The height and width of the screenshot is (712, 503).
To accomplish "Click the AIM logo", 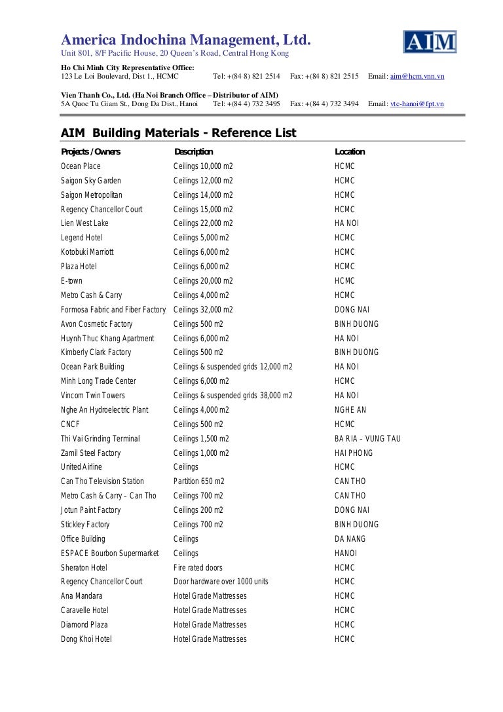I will tap(430, 42).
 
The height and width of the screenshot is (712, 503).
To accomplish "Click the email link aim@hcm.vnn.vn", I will tap(417, 77).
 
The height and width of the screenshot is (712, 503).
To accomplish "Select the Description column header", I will tap(194, 152).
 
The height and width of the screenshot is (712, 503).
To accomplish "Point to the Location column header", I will tap(350, 152).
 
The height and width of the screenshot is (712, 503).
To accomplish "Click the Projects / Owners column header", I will tap(90, 152).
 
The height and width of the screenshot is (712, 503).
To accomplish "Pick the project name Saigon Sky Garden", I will tap(91, 181).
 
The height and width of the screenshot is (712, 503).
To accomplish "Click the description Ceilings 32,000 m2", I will tap(203, 310).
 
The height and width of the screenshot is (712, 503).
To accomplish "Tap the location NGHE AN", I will tap(350, 410).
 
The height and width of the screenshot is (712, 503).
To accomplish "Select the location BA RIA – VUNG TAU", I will tap(367, 439).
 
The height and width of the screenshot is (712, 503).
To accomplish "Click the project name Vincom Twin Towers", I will tap(93, 396).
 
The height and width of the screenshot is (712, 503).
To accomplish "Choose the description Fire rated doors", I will tap(198, 568).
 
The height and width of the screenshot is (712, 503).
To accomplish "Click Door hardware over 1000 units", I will tap(221, 582).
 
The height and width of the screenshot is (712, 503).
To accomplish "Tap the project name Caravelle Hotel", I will tap(84, 610).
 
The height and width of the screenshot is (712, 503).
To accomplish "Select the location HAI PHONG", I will tap(354, 453).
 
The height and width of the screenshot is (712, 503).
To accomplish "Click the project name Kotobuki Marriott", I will tap(87, 252).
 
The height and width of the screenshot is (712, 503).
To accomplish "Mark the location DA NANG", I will tap(350, 539).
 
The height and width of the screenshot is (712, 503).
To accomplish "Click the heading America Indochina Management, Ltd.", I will tap(185, 41).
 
